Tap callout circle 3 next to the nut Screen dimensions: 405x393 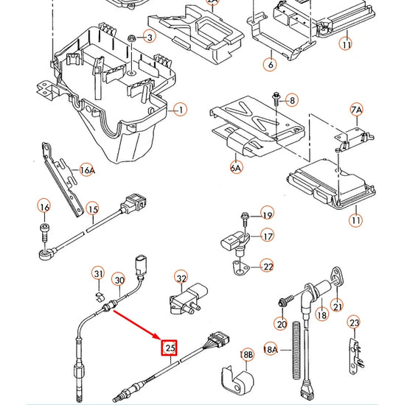(x=150, y=37)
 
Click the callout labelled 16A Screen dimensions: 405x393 (x=87, y=171)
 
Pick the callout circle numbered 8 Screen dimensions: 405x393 (x=291, y=99)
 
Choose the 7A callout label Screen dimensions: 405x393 (x=357, y=110)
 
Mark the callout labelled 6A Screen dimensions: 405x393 (x=237, y=167)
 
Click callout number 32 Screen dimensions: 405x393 (x=181, y=278)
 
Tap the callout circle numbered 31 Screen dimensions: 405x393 (x=98, y=275)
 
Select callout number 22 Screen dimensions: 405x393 (x=268, y=267)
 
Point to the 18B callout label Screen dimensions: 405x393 (x=246, y=356)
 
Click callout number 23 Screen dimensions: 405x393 (x=355, y=323)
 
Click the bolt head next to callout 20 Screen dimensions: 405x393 (x=282, y=303)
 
